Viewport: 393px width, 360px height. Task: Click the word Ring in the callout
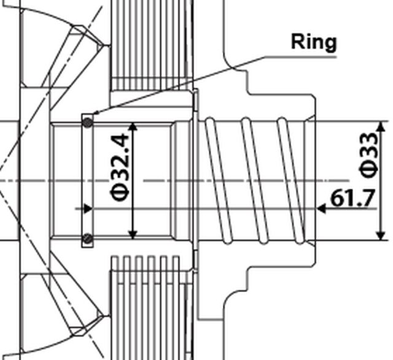[x=314, y=42]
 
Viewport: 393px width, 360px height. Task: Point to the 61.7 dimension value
[x=352, y=198]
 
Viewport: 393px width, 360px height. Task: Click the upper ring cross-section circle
[x=88, y=123]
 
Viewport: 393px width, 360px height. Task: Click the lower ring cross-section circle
[x=88, y=239]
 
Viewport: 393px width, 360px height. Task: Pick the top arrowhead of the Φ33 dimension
[x=381, y=126]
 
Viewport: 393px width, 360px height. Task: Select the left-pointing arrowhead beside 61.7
[x=321, y=209]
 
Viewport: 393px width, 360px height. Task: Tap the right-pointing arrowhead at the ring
[x=88, y=209]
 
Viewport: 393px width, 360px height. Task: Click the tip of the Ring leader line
[x=94, y=114]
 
